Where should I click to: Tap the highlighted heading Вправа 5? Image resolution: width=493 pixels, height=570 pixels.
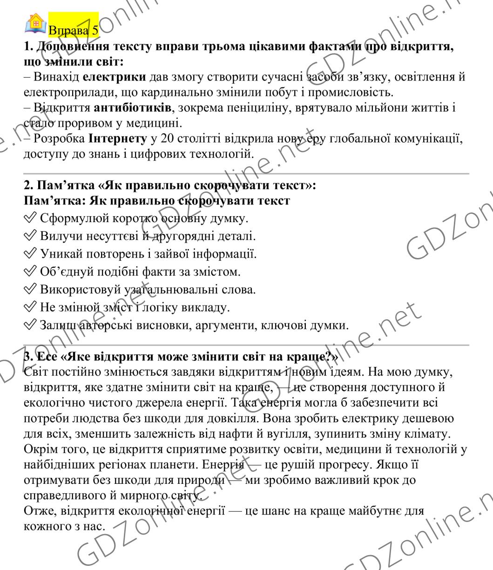coord(74,31)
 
